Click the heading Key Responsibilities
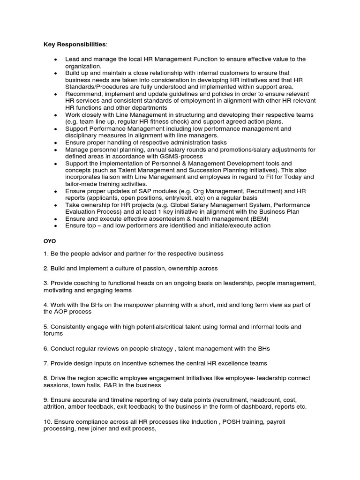point(75,44)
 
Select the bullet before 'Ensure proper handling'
point(56,142)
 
